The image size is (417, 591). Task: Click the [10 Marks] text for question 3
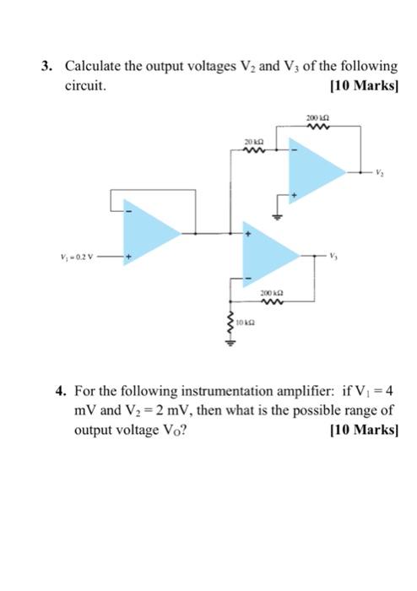[x=366, y=85]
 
